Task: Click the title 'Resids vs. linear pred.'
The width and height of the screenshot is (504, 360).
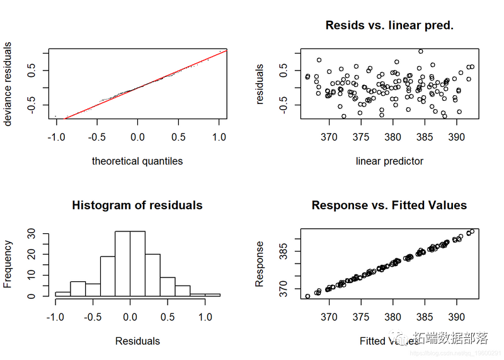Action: click(389, 26)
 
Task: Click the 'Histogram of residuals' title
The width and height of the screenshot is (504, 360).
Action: click(137, 205)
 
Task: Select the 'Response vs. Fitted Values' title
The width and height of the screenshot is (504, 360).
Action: click(389, 205)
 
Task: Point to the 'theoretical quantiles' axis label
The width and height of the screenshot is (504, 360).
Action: click(137, 161)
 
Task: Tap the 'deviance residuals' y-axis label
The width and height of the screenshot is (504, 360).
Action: click(8, 84)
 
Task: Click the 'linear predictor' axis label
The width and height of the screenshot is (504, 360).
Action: click(389, 161)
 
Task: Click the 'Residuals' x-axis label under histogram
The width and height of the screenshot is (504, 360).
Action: click(137, 341)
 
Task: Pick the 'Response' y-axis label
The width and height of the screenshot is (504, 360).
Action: click(260, 263)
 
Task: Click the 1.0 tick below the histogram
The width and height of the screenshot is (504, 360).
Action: click(205, 316)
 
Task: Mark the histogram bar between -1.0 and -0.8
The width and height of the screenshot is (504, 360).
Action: click(62, 294)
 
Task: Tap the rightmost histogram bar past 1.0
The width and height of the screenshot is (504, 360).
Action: click(213, 294)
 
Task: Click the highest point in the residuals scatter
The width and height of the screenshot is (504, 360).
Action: click(421, 51)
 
